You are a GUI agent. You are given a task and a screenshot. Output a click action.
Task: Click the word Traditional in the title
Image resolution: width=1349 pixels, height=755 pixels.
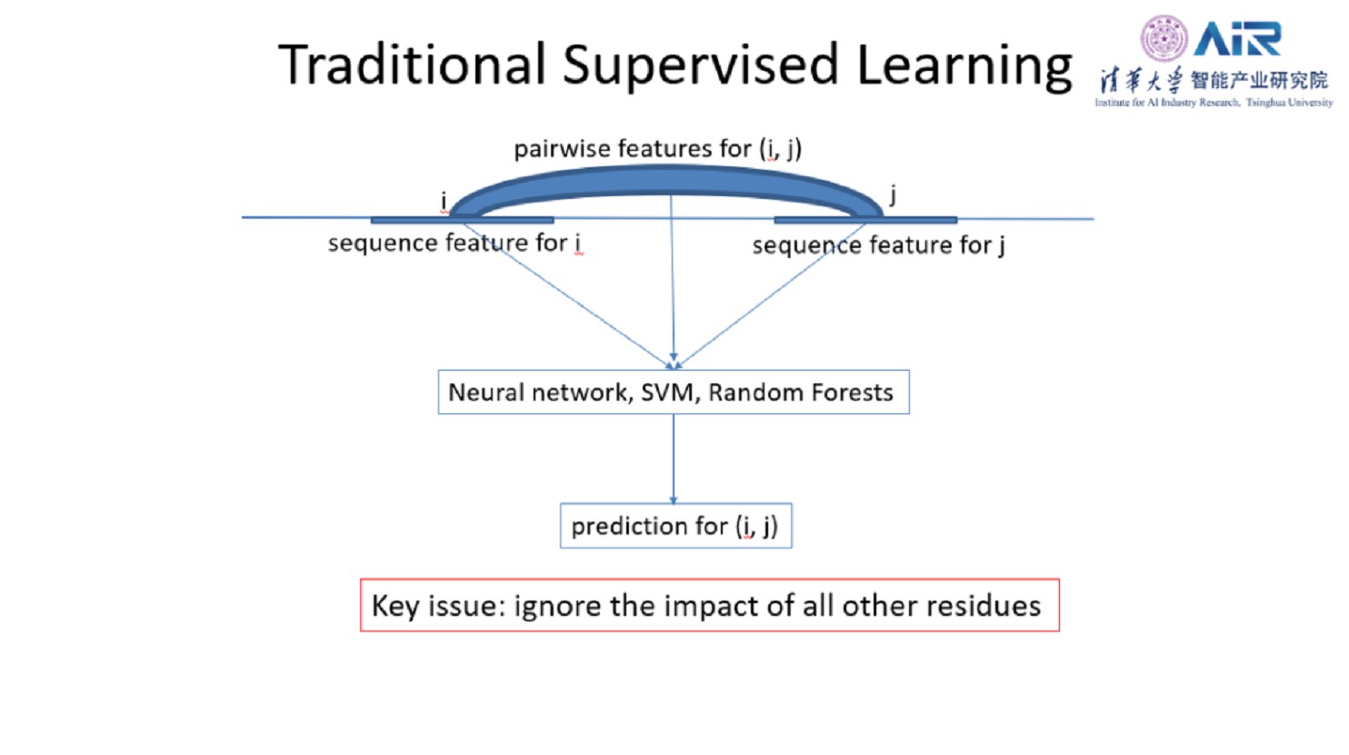point(412,65)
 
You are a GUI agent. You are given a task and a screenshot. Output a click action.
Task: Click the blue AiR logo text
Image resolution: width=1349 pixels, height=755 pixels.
point(1237,39)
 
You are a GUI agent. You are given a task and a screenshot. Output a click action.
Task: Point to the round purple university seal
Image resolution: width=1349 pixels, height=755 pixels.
point(1164,39)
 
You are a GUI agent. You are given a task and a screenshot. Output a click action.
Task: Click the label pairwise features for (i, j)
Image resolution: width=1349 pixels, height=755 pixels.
point(657,148)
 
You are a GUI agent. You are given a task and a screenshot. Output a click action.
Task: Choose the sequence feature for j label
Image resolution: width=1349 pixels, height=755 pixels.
point(878,244)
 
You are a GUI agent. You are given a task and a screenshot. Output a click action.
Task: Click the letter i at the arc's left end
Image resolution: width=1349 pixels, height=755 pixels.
point(444,201)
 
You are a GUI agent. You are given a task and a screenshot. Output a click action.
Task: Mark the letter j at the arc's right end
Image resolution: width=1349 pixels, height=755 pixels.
point(893,194)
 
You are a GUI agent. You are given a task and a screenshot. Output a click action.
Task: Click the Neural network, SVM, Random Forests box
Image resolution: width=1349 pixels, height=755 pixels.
point(673,392)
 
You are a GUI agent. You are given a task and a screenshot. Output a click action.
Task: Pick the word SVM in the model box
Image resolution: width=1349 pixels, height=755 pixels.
point(668,392)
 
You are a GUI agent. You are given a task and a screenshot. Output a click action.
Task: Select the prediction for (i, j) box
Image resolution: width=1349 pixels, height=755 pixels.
point(675,526)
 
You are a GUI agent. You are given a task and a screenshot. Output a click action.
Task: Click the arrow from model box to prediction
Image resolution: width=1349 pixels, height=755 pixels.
point(674,459)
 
